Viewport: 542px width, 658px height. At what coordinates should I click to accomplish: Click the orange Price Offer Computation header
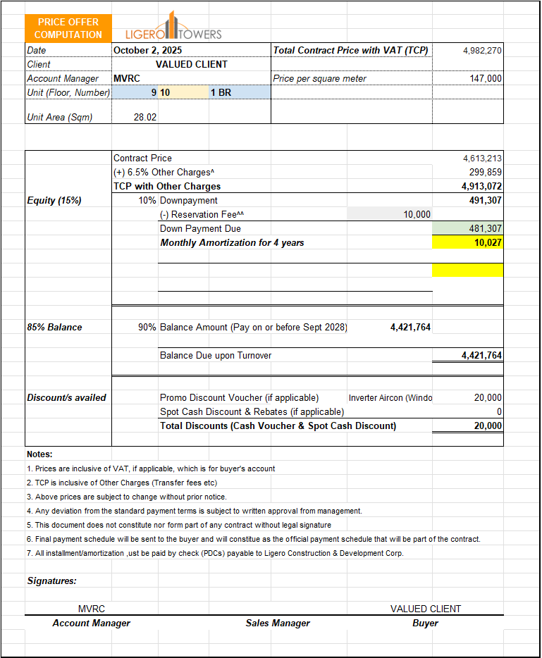click(68, 28)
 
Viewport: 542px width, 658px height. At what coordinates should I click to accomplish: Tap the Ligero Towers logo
click(173, 29)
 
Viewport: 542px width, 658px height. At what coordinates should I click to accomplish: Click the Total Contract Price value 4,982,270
click(482, 51)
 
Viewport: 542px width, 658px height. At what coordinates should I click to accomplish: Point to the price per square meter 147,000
click(486, 79)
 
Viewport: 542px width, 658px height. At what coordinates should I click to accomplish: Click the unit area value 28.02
click(144, 118)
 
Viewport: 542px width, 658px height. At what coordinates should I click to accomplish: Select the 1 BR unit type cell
click(221, 92)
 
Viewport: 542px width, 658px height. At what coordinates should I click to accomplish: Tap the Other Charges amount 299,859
click(486, 173)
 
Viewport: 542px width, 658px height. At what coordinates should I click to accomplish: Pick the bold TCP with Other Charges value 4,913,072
click(482, 187)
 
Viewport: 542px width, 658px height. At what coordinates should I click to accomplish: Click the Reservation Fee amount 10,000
click(417, 215)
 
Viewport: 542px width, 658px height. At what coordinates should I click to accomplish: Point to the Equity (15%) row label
click(54, 201)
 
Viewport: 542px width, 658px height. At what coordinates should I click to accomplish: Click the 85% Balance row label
click(54, 328)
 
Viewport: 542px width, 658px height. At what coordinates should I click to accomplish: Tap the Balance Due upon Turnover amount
click(481, 356)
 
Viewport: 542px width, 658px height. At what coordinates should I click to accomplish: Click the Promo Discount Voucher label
click(239, 398)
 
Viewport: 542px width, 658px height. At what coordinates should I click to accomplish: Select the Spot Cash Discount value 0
click(499, 412)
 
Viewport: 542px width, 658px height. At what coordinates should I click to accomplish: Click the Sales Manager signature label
click(278, 623)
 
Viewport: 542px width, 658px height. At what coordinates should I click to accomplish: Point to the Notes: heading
click(39, 454)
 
